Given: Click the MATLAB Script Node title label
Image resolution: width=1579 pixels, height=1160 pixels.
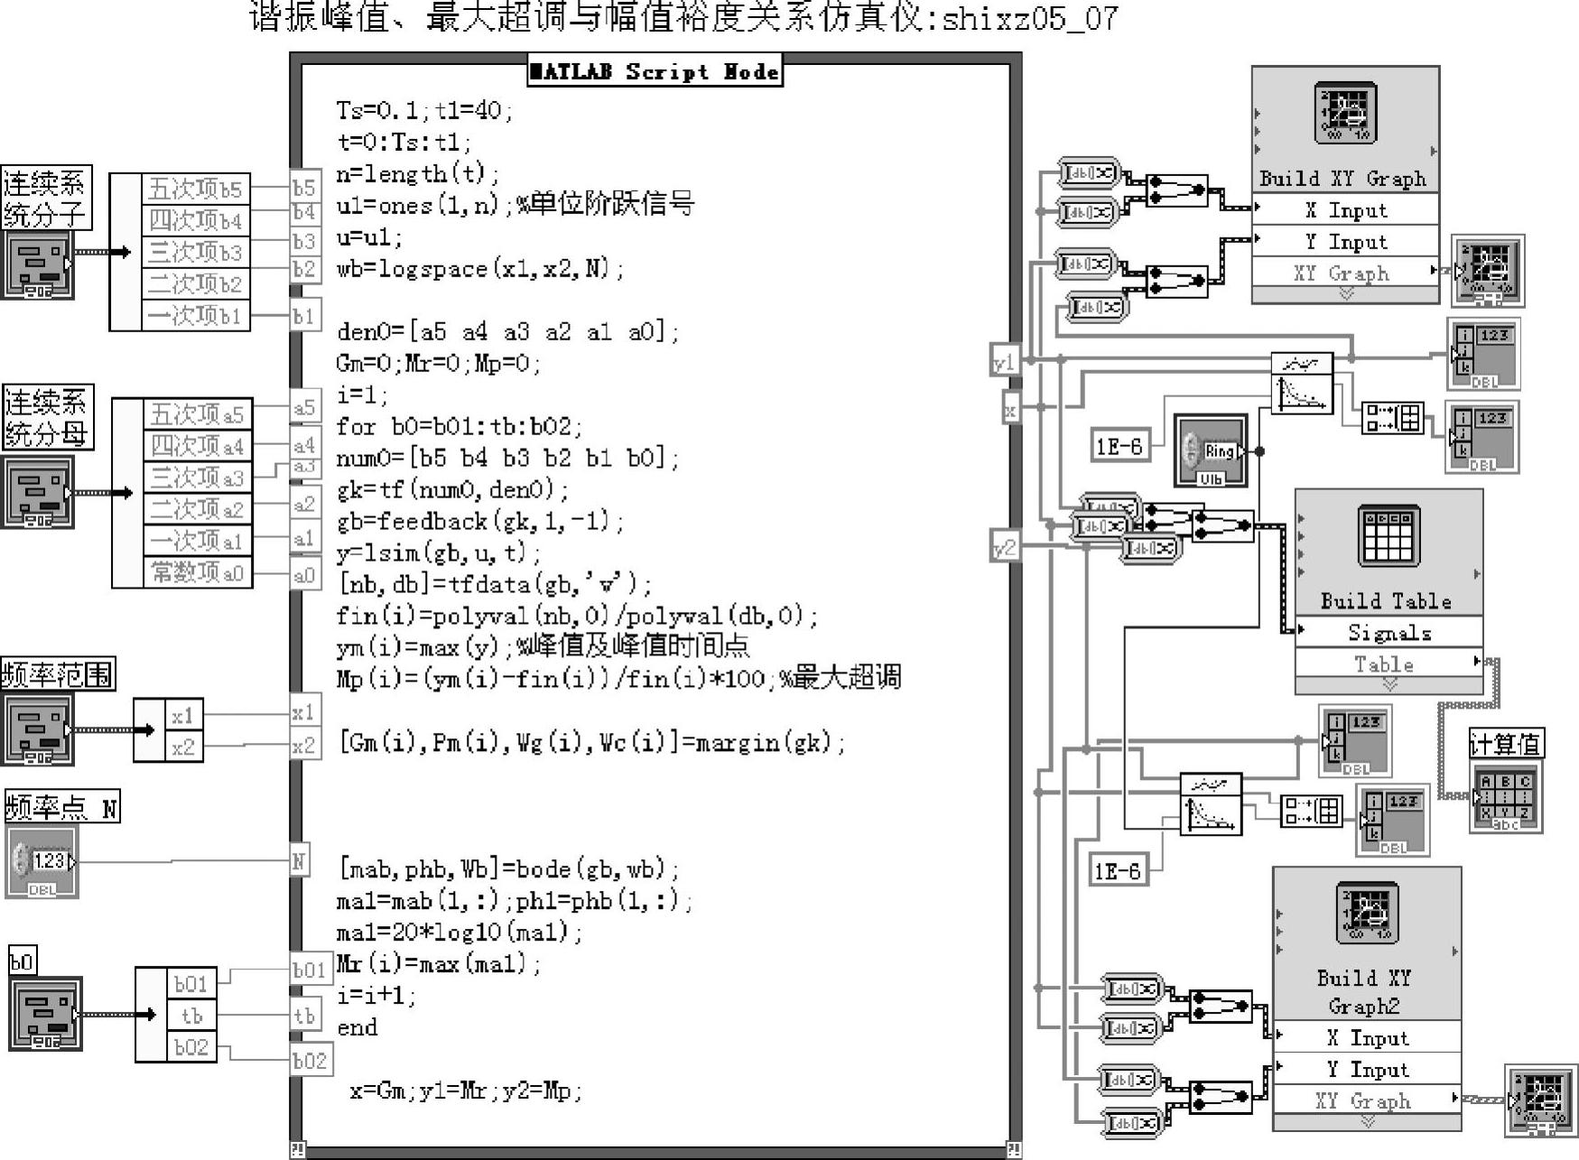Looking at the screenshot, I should pyautogui.click(x=655, y=71).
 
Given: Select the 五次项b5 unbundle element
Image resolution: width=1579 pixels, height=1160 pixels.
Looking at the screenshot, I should pyautogui.click(x=196, y=189).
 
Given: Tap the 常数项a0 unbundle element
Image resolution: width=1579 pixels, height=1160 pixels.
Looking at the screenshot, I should pyautogui.click(x=198, y=572).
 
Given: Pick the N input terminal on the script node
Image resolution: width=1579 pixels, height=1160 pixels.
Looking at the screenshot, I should pyautogui.click(x=299, y=861).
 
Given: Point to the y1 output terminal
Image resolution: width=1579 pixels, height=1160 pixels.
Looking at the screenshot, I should pyautogui.click(x=1004, y=363).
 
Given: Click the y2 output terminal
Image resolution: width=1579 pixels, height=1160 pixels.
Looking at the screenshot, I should pyautogui.click(x=1004, y=547).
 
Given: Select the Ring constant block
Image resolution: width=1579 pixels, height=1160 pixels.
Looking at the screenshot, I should pyautogui.click(x=1211, y=450).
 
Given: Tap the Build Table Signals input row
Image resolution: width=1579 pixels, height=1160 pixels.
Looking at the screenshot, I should pyautogui.click(x=1389, y=632).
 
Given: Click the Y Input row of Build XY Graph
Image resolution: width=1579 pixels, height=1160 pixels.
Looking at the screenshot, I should pyautogui.click(x=1345, y=242).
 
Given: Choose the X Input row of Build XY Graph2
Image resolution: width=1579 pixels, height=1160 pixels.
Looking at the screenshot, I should pyautogui.click(x=1367, y=1037).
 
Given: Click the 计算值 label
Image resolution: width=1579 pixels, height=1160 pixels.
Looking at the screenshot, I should pyautogui.click(x=1505, y=744).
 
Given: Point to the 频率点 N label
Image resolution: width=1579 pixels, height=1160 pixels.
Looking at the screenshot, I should pyautogui.click(x=61, y=807).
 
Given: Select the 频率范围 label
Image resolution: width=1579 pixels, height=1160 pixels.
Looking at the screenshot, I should pyautogui.click(x=59, y=674).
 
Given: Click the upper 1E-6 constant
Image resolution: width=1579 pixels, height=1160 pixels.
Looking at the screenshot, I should pyautogui.click(x=1119, y=446).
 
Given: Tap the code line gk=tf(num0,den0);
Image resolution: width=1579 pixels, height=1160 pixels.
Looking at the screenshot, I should pyautogui.click(x=452, y=490).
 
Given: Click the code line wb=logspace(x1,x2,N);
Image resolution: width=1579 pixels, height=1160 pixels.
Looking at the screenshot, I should pyautogui.click(x=479, y=269).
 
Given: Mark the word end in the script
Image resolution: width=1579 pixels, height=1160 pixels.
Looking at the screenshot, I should pyautogui.click(x=358, y=1027).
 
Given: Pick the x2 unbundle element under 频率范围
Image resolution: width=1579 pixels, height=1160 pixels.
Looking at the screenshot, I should pyautogui.click(x=183, y=747).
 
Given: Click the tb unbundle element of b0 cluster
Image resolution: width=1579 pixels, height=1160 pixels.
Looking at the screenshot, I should pyautogui.click(x=191, y=1016).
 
